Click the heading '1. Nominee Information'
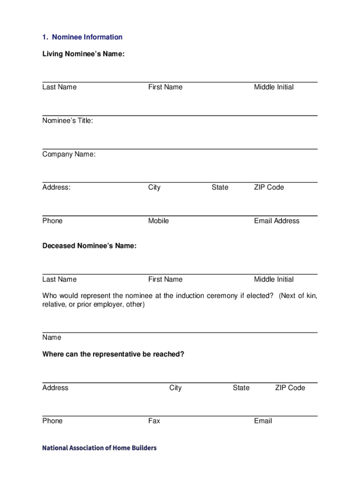click(x=82, y=37)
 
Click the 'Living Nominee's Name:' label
click(x=84, y=55)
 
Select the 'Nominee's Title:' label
click(x=68, y=121)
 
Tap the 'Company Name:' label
click(x=69, y=154)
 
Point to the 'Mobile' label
click(x=158, y=221)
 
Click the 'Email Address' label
click(x=277, y=221)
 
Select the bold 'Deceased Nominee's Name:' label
click(x=89, y=246)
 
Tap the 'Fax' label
click(x=154, y=421)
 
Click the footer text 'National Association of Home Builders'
click(x=100, y=448)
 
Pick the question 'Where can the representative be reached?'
click(x=113, y=354)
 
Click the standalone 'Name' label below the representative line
click(x=52, y=337)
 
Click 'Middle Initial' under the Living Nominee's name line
click(x=274, y=87)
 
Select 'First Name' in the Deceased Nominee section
click(x=166, y=279)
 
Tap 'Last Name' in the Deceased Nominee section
click(x=59, y=279)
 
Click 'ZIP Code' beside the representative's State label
click(x=290, y=388)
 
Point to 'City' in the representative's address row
click(x=175, y=388)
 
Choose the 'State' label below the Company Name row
click(x=220, y=188)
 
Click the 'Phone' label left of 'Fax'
click(x=52, y=421)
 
